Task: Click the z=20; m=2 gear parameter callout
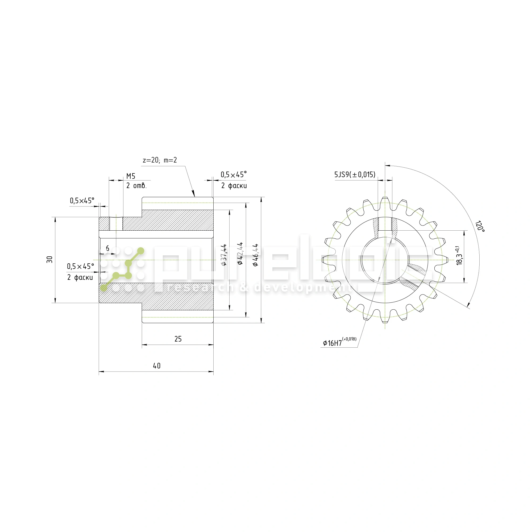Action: (160, 160)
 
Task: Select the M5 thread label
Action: (131, 176)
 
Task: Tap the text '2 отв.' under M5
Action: (136, 186)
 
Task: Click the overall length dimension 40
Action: (157, 366)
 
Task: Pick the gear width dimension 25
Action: (178, 339)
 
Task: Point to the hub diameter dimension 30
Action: (49, 259)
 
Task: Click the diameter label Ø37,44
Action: (224, 255)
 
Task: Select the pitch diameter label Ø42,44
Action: (240, 253)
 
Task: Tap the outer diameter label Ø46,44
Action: (256, 255)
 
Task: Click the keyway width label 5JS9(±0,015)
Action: (355, 174)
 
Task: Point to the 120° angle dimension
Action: (479, 226)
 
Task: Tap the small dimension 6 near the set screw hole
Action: (108, 248)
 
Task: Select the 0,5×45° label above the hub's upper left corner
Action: (82, 201)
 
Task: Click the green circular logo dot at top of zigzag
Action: (140, 251)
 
